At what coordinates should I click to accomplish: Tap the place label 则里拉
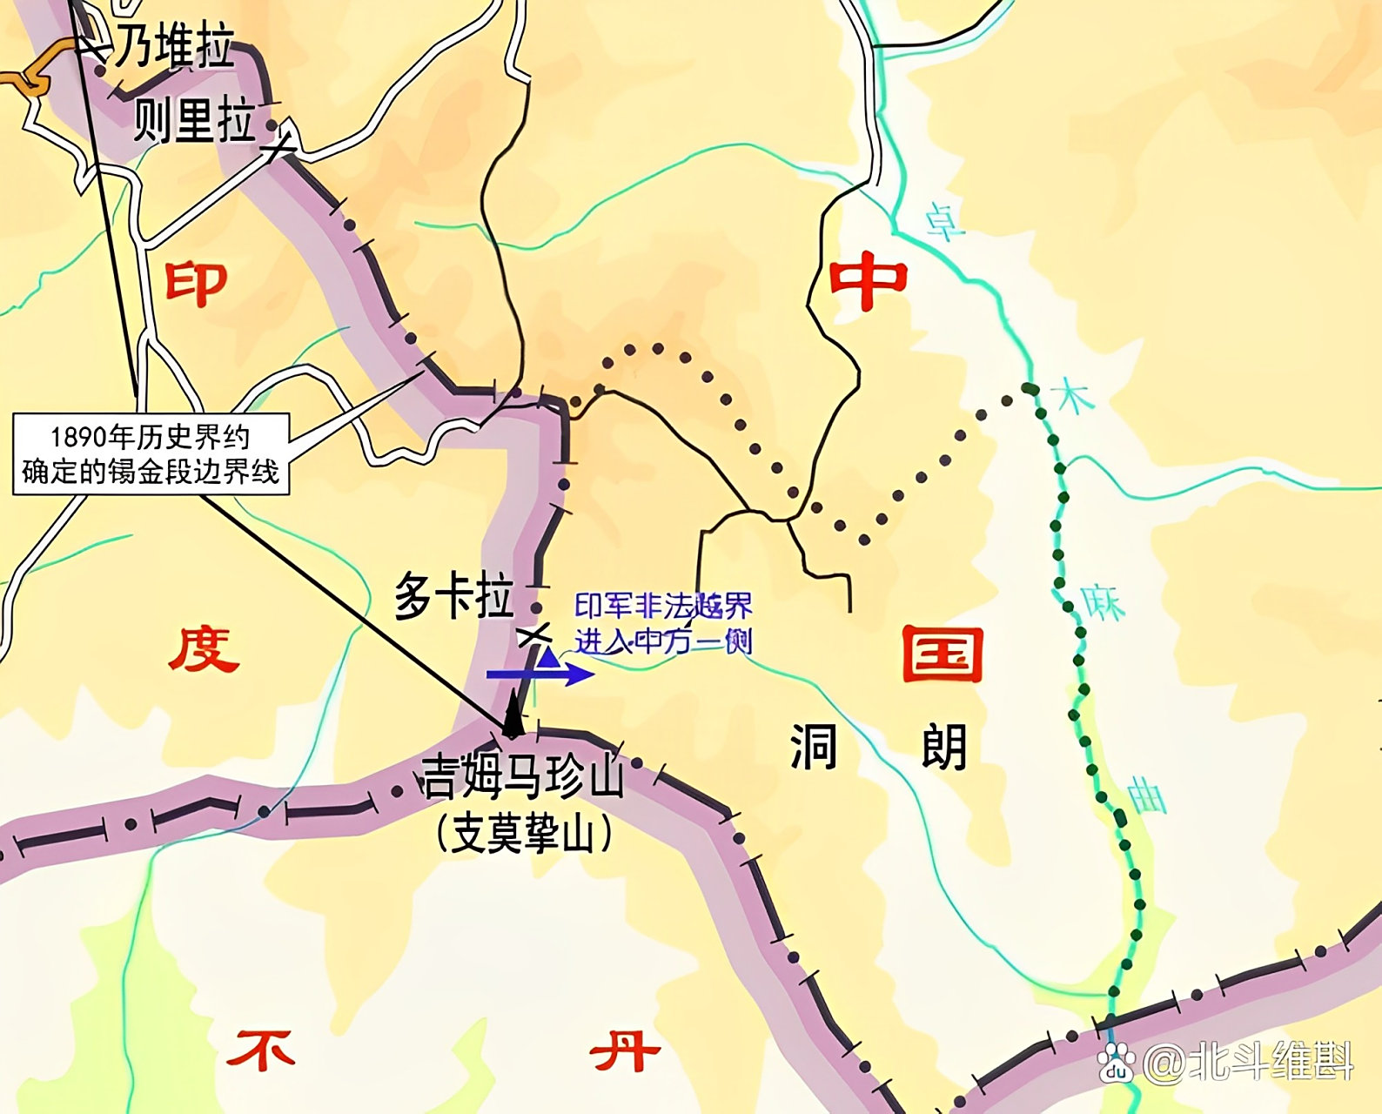tap(195, 121)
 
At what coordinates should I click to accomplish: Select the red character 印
tap(196, 284)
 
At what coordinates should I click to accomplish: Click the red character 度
tap(204, 650)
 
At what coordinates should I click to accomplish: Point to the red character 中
tap(868, 281)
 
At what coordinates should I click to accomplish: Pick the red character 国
tap(942, 654)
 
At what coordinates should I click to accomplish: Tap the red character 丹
tap(624, 1050)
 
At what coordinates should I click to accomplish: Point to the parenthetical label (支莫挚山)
tap(524, 834)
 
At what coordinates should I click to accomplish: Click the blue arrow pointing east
tap(540, 674)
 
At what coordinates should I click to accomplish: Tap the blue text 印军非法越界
tap(663, 606)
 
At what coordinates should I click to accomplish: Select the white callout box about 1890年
tap(151, 453)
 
